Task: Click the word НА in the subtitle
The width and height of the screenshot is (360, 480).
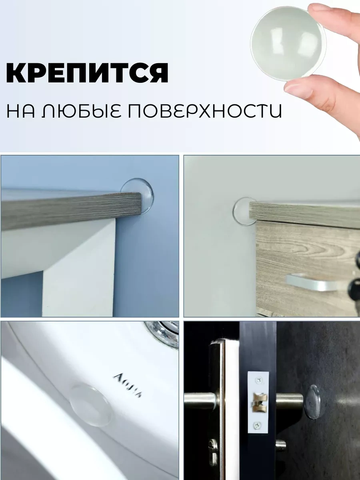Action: coord(20,111)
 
